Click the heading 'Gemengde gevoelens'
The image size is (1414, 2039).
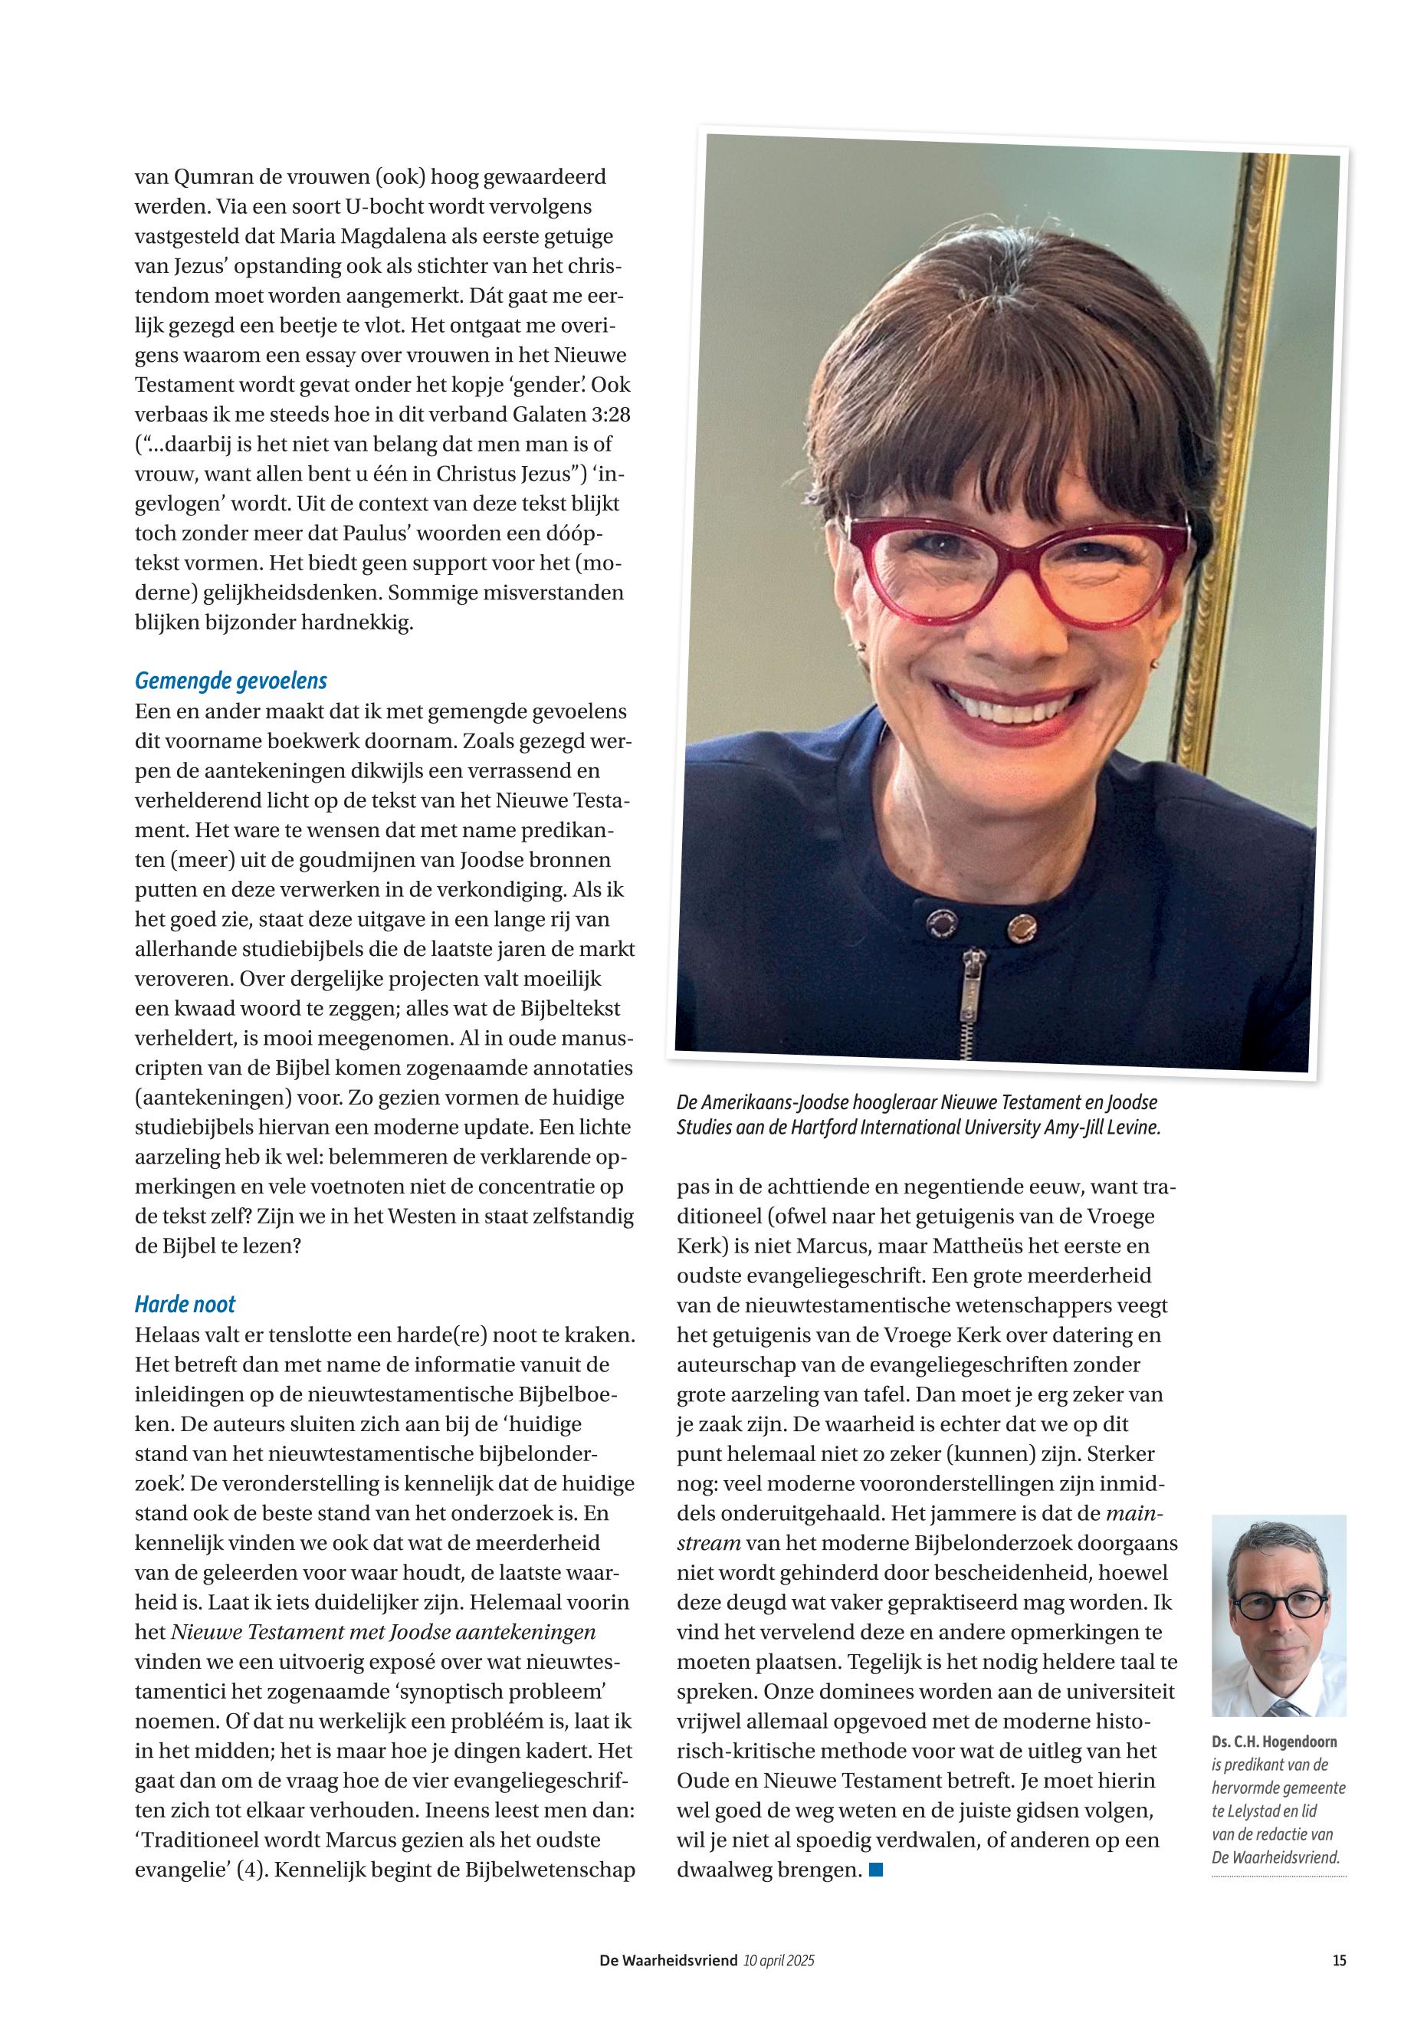231,681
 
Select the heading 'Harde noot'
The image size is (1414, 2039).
185,1305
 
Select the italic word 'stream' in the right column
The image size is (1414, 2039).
708,1543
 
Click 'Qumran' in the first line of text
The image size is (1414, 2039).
210,177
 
